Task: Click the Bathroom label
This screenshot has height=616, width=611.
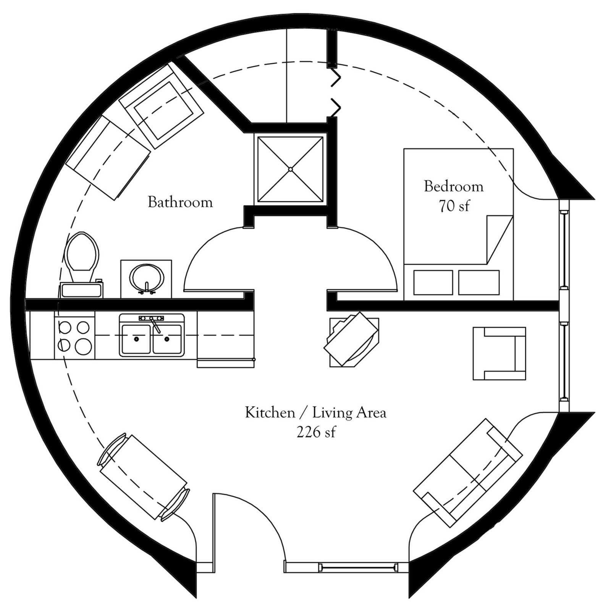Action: coord(180,202)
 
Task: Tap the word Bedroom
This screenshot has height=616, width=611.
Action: coord(454,186)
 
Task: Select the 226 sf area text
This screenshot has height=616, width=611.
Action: coord(316,432)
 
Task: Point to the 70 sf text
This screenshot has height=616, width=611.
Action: coord(454,206)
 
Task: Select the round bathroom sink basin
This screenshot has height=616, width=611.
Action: coord(147,278)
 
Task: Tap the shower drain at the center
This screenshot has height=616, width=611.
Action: coord(290,169)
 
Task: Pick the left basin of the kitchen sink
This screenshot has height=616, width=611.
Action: coord(136,338)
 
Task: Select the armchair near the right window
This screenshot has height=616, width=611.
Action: coord(499,353)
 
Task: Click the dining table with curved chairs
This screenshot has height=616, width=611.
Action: coord(143,477)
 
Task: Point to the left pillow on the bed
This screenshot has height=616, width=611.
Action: coord(433,282)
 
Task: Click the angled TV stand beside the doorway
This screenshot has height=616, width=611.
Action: coord(351,339)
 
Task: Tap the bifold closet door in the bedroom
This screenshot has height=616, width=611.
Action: coord(335,92)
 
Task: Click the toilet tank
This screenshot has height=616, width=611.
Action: coord(81,290)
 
